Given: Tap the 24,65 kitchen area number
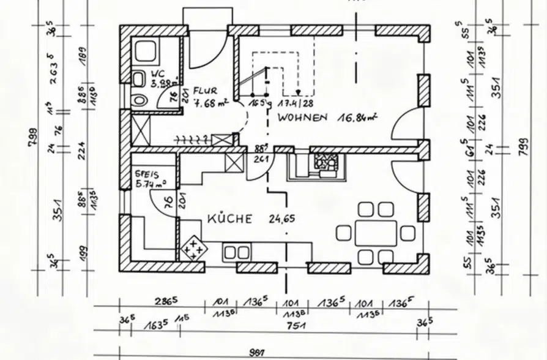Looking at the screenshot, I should point(282,219).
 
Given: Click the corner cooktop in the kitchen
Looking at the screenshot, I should point(193,249).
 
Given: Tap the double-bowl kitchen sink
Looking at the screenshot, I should point(236,252).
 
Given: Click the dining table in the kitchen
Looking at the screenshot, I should point(376,233).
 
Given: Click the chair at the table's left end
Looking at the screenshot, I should point(343,233).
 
